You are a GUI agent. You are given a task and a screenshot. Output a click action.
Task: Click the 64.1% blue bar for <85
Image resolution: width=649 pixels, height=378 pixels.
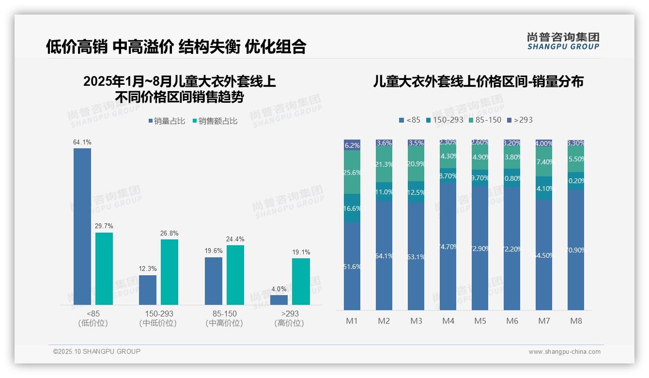[82, 226]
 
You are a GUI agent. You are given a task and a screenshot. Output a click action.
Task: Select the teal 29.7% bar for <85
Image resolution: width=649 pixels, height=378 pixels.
[104, 268]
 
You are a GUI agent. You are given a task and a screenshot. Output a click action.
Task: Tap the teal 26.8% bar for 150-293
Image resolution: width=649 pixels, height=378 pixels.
[170, 272]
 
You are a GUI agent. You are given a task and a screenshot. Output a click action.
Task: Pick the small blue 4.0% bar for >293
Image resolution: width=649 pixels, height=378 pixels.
[279, 300]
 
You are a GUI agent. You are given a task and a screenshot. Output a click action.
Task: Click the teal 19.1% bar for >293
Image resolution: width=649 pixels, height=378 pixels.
[301, 281]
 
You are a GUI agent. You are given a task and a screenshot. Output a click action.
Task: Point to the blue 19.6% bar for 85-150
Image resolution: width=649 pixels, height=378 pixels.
[214, 281]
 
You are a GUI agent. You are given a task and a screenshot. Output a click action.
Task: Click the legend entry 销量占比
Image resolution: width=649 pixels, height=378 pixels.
[166, 121]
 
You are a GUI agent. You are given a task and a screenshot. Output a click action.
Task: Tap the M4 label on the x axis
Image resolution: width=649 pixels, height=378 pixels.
[448, 321]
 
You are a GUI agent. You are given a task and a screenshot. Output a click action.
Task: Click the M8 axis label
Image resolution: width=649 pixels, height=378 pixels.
[576, 321]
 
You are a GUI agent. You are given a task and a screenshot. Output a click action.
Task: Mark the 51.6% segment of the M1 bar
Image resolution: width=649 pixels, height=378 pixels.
[352, 266]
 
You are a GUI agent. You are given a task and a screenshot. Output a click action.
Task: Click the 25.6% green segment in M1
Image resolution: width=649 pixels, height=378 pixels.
[352, 172]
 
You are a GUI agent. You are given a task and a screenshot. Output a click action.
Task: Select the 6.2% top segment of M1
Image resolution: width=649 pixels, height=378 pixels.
[352, 145]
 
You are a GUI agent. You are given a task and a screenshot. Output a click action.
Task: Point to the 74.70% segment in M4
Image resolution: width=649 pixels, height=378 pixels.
[448, 246]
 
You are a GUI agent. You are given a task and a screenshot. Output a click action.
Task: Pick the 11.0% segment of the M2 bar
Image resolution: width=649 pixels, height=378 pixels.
[384, 192]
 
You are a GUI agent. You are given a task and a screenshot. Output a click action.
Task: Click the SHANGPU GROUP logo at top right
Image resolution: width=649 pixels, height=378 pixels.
[563, 41]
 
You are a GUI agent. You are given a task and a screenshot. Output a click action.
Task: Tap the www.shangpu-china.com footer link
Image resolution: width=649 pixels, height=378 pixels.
[564, 352]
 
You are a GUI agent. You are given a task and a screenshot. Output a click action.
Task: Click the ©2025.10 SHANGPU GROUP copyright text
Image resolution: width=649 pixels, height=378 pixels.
[97, 351]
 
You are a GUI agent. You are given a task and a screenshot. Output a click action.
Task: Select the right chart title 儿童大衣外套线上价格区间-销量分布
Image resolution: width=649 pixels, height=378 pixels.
[478, 81]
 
